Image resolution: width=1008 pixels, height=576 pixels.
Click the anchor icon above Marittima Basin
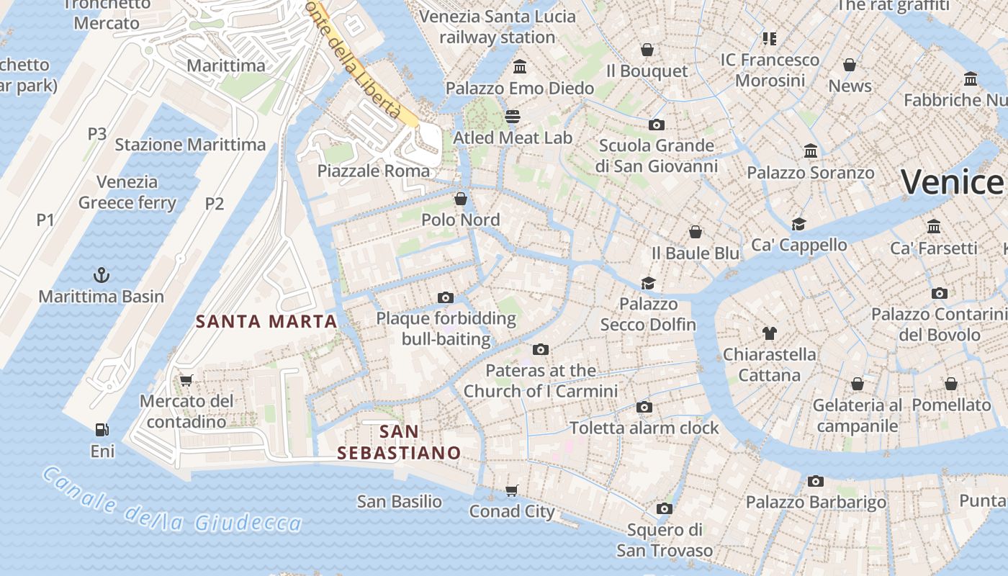point(102,274)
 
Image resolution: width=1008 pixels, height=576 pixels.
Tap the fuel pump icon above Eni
point(102,430)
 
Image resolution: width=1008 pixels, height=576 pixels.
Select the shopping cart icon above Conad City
point(512,490)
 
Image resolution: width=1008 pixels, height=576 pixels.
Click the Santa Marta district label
point(266,322)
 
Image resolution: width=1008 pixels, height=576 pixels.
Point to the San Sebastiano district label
point(399,442)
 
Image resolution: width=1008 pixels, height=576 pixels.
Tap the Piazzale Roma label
point(374,171)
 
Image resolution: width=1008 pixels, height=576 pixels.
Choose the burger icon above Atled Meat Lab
point(513,116)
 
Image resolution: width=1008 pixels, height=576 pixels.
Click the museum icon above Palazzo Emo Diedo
point(519,67)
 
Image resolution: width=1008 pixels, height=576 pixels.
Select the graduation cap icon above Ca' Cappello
point(798,224)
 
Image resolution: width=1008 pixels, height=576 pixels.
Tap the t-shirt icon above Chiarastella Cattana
point(770,333)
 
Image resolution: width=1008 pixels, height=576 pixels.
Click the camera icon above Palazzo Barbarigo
point(815,481)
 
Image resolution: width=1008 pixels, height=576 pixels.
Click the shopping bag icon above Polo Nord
point(460,198)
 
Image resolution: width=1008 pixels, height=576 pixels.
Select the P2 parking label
point(215,204)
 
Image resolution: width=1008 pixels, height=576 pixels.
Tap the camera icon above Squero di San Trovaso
point(664,509)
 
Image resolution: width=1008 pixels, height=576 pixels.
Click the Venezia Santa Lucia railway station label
point(498,27)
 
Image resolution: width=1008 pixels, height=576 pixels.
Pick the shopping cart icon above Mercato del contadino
point(186,379)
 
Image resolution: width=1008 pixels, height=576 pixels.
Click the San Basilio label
point(400,501)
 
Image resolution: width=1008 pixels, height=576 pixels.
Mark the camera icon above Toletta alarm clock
point(644,407)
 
